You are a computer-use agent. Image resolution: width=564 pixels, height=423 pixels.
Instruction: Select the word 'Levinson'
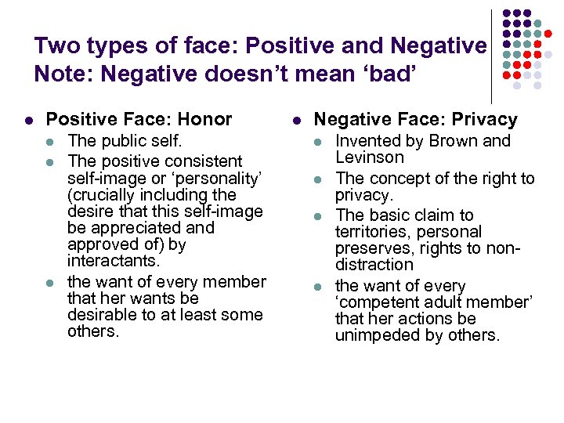click(x=370, y=157)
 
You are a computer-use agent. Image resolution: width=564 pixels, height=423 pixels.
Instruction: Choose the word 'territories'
click(x=371, y=232)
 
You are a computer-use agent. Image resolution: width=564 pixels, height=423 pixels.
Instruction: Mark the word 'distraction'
click(x=374, y=265)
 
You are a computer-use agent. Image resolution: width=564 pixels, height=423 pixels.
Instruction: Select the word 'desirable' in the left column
click(x=102, y=315)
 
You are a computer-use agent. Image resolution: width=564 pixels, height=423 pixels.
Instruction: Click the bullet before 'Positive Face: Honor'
click(x=28, y=121)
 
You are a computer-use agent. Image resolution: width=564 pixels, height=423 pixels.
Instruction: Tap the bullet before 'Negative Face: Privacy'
click(x=297, y=121)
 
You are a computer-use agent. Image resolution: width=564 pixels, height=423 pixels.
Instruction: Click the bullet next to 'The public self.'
click(x=51, y=142)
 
